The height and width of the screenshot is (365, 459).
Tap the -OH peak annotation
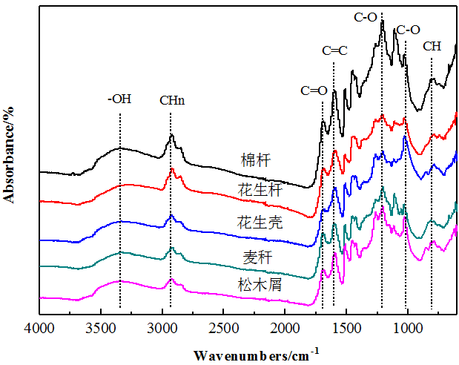[119, 98]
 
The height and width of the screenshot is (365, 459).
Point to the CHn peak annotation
[172, 100]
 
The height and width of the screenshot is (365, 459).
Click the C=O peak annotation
[314, 91]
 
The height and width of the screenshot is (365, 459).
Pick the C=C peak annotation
[335, 51]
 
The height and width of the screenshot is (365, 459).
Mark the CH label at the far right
[432, 46]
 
